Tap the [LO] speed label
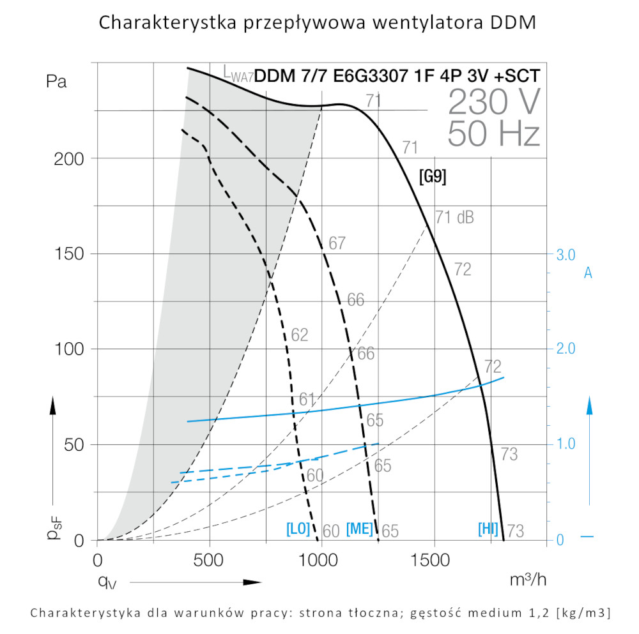coord(298,529)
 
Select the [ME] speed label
coord(359,529)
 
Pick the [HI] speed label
coord(488,529)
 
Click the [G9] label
coord(432,176)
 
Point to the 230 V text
coord(494,101)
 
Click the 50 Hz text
coord(494,133)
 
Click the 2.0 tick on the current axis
coord(566,349)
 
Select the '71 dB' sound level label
coord(454,217)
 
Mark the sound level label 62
coord(299,335)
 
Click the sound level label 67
coord(337,243)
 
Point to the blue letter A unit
coord(588,273)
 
